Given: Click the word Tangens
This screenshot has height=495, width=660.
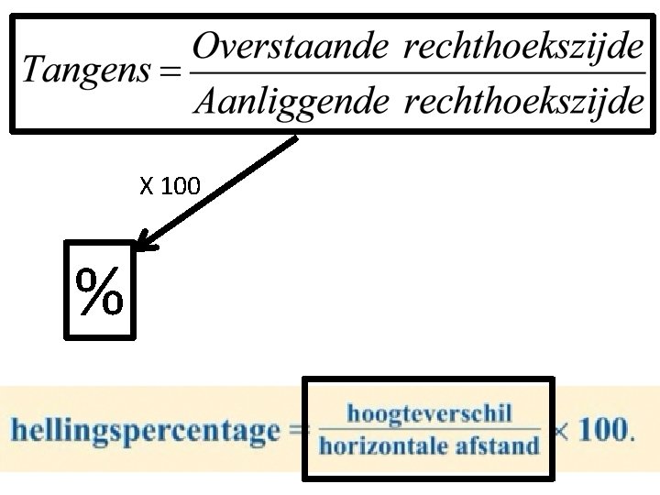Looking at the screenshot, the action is [x=86, y=71].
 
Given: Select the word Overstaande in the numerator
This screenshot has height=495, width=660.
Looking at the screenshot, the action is [x=290, y=46].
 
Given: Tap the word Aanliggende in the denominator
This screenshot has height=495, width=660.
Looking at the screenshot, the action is [x=291, y=103].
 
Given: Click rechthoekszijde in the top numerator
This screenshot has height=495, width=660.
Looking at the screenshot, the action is [x=523, y=47].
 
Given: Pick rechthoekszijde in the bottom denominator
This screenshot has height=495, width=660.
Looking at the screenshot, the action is [x=524, y=103].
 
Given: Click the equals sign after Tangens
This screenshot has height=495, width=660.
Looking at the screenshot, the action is [x=170, y=71].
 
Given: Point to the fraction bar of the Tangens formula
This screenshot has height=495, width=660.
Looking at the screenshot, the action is [x=418, y=73].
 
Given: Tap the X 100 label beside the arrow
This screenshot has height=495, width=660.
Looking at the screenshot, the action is [x=170, y=185].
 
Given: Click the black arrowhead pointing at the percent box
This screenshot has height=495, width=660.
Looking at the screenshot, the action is [x=146, y=242].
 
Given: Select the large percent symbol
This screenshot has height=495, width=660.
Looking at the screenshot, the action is [x=99, y=291].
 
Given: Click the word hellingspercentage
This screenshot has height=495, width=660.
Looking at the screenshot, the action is [x=145, y=431].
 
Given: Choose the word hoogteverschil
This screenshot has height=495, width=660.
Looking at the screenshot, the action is [x=429, y=413].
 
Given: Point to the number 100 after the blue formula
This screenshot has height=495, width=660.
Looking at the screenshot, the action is [x=603, y=430].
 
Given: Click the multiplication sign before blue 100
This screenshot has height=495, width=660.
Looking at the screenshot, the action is [x=562, y=432].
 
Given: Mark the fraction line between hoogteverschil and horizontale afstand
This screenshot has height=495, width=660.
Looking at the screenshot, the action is [x=429, y=429].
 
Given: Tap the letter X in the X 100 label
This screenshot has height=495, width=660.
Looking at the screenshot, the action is [x=147, y=186].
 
